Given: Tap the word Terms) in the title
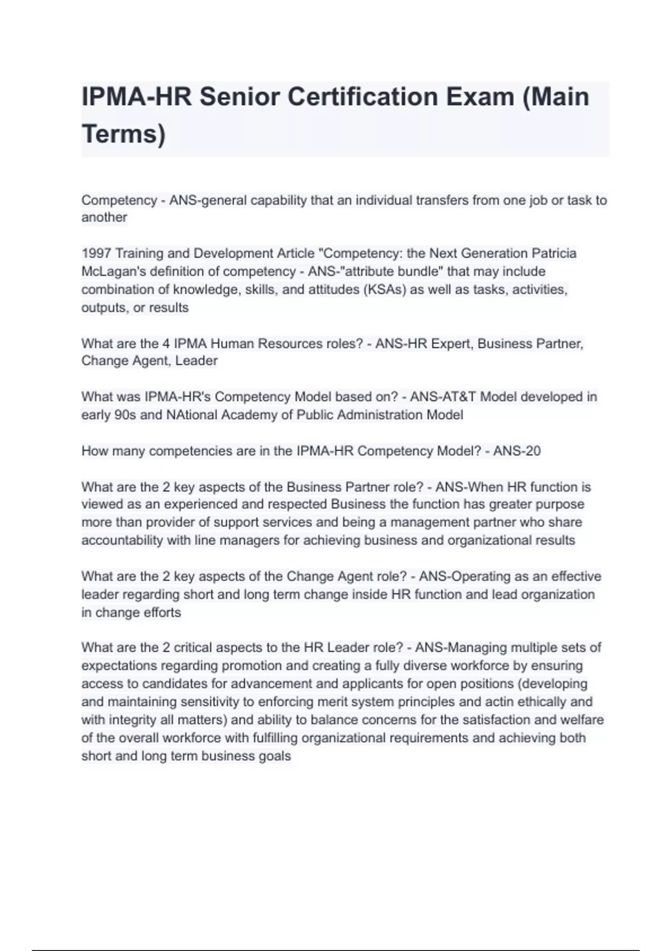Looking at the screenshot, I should tap(124, 134).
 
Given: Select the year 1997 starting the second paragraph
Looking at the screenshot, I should tap(96, 253).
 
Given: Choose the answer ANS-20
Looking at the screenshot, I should tap(516, 451).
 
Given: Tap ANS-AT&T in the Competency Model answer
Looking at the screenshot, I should tap(443, 397).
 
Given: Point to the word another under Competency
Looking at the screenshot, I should tap(104, 218).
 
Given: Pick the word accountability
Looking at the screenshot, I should tap(122, 540).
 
